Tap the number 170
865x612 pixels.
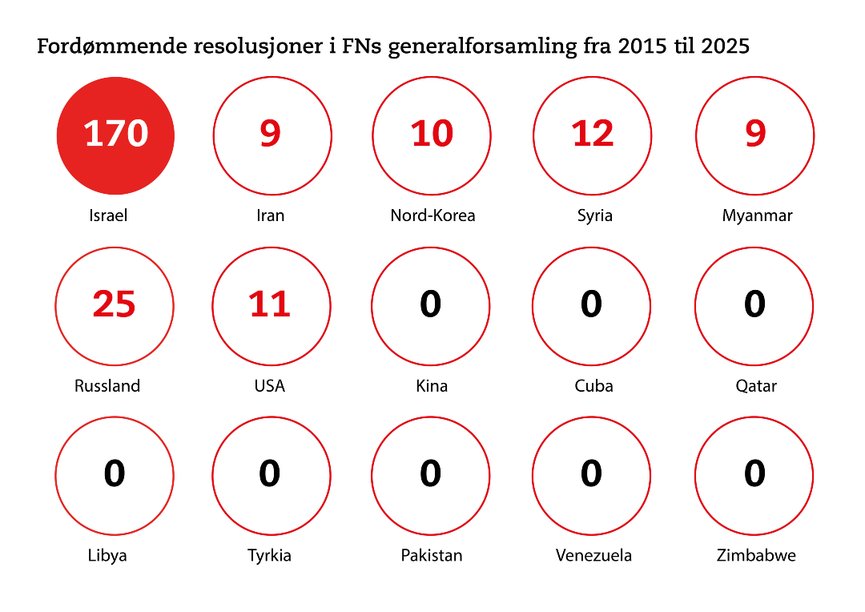(x=116, y=133)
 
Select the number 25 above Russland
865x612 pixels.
(x=114, y=304)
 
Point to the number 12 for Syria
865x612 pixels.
(x=593, y=133)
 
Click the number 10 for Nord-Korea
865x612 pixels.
(x=432, y=133)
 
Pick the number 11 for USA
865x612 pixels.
(x=270, y=304)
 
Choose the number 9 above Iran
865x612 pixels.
(x=271, y=133)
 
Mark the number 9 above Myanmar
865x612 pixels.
(x=755, y=133)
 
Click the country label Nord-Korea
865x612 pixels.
(x=432, y=215)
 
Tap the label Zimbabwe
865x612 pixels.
(x=756, y=555)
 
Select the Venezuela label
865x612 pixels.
(x=593, y=555)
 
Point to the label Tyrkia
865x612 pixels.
(x=269, y=555)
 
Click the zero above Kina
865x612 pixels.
(x=431, y=304)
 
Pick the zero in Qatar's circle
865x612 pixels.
(x=754, y=304)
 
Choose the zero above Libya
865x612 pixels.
(x=115, y=473)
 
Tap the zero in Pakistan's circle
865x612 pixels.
(x=431, y=473)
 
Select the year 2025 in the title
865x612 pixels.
(x=725, y=46)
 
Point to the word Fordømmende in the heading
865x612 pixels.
(x=111, y=46)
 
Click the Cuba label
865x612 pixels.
(x=593, y=385)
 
